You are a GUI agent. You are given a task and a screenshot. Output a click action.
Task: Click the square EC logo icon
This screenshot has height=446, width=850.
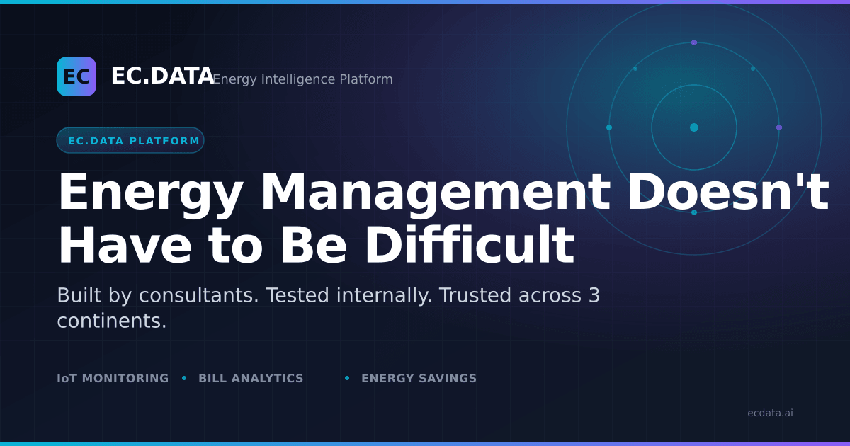pos(76,76)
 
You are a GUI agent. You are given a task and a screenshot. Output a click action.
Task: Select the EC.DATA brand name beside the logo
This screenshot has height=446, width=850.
pos(163,76)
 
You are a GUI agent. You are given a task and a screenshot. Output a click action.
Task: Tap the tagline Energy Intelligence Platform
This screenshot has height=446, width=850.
pos(303,79)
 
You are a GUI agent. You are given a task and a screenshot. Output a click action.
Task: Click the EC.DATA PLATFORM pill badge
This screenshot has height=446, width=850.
pos(130,140)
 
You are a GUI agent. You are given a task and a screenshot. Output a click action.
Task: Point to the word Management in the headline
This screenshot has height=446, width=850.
pos(435,193)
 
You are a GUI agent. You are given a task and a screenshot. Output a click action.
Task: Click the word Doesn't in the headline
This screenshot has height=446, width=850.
pos(729,192)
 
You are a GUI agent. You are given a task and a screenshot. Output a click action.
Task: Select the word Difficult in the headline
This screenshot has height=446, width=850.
pos(470,245)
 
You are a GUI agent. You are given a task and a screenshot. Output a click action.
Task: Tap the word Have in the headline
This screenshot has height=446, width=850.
pos(125,246)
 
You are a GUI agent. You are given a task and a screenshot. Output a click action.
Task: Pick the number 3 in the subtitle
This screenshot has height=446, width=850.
pos(594,295)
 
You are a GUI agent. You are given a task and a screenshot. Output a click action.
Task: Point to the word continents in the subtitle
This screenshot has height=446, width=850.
pos(112,321)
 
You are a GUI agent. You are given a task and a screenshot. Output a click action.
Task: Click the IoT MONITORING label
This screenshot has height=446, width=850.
pos(113,378)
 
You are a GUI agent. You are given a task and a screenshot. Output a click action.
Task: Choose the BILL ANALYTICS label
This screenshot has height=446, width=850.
pos(251,378)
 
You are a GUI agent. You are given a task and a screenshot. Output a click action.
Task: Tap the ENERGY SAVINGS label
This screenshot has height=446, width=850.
pos(419,378)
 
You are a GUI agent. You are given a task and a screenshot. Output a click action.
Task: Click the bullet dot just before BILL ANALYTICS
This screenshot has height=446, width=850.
pos(184,378)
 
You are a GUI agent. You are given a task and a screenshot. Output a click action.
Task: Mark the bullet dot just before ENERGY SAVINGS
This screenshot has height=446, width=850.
pos(347,378)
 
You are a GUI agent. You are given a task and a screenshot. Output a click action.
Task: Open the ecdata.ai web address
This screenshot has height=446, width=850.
pos(771,413)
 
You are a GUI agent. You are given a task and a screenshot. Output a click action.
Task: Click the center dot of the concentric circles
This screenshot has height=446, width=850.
pos(694,127)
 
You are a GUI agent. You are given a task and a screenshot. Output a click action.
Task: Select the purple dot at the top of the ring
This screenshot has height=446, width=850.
pos(694,42)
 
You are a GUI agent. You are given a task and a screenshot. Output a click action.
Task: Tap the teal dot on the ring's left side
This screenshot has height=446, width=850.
pos(609,127)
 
